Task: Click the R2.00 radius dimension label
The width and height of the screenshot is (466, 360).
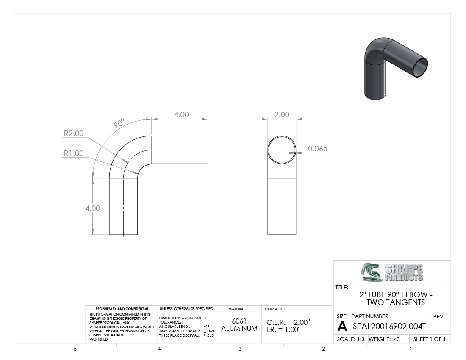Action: point(74,133)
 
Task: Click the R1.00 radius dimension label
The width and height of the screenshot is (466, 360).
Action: point(74,153)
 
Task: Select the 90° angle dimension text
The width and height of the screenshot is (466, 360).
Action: point(119,123)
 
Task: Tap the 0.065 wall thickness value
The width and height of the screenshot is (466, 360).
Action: point(317,149)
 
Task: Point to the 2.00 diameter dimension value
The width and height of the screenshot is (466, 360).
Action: point(281,115)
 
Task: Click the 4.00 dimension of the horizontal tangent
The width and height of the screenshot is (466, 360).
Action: point(181,115)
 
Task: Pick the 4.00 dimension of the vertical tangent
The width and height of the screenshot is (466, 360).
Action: point(93,208)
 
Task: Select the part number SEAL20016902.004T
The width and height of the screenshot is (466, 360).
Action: point(389,327)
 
